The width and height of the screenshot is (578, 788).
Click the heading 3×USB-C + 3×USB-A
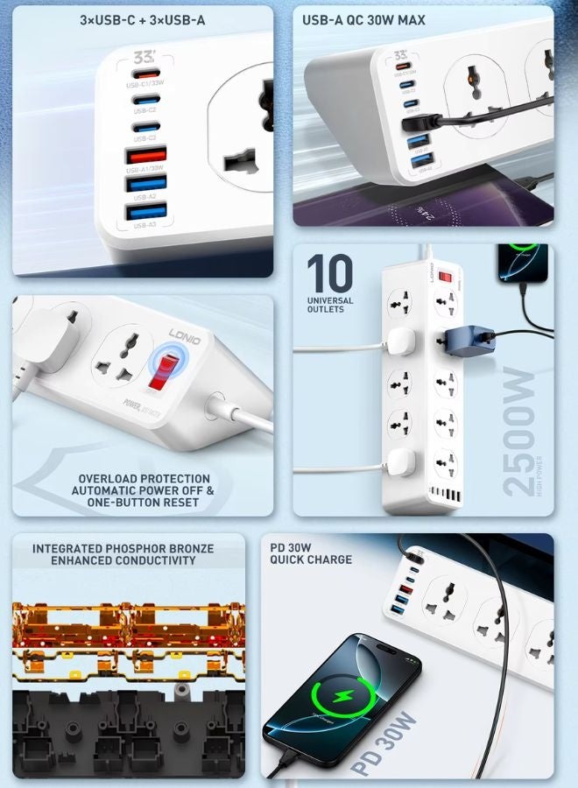pos(143,19)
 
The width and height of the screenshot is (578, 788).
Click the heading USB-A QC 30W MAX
pos(364,19)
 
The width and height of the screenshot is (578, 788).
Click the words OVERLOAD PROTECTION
pos(144,479)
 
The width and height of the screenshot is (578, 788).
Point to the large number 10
pos(329,274)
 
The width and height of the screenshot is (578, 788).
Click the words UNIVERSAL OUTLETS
pos(330,305)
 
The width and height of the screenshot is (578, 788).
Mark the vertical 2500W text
pos(518,433)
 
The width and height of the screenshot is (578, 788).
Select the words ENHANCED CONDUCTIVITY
pos(123,560)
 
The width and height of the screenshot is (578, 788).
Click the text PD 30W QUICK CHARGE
pos(311,554)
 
